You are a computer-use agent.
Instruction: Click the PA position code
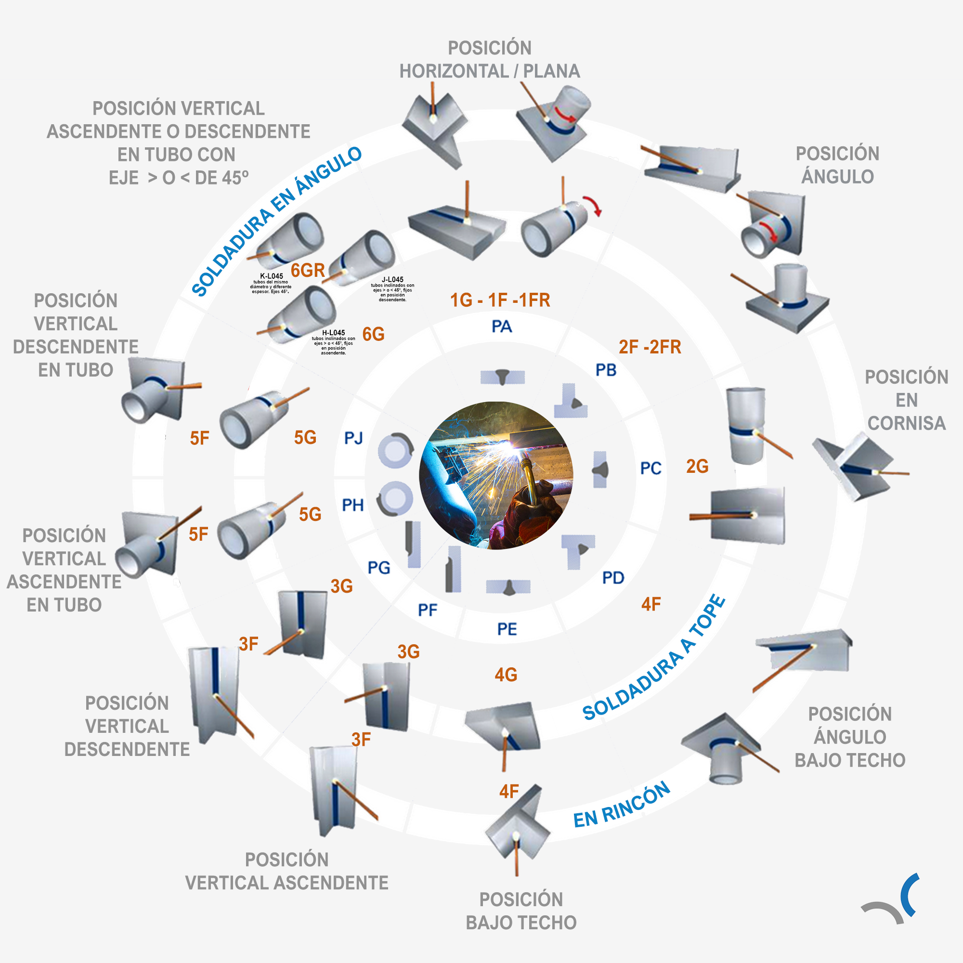coord(501,326)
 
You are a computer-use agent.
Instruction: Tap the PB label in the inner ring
coord(606,370)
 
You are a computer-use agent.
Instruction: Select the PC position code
coord(651,468)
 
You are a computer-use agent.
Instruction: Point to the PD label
coord(612,578)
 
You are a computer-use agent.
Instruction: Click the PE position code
coord(507,629)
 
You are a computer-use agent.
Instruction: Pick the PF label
coord(428,610)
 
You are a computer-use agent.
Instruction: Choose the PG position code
coord(379,567)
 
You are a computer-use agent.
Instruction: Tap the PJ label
coord(353,438)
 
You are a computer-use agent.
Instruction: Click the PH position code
coord(353,505)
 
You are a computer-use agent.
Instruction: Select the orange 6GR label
coord(308,270)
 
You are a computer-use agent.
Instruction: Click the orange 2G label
coord(697,466)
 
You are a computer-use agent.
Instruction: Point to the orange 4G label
coord(506,675)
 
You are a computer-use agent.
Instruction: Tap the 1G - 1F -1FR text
coord(500,300)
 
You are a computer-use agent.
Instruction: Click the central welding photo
coord(496,476)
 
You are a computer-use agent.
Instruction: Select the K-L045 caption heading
coord(272,275)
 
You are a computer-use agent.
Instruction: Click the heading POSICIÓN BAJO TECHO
coord(521,911)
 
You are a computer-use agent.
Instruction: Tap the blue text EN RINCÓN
coord(622,806)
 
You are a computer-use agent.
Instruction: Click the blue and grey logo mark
coord(892,900)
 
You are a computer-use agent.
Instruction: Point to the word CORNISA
coord(906,423)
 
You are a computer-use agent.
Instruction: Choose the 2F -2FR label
coord(650,347)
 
